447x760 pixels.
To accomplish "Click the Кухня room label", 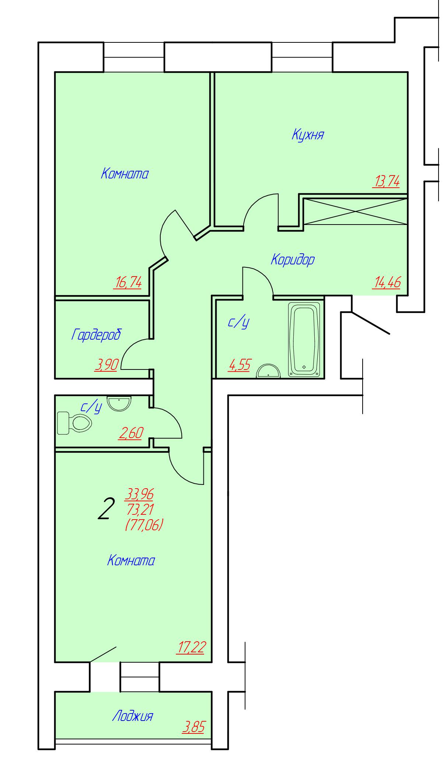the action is click(308, 135).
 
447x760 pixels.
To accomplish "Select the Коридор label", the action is click(293, 260).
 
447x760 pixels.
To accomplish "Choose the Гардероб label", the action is click(96, 335).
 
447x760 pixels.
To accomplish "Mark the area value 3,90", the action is click(106, 365).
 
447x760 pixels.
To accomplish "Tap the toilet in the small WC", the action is click(74, 423).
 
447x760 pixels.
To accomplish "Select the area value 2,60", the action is click(131, 433).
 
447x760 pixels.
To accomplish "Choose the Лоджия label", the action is click(132, 716).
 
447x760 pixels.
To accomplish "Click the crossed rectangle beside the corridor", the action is click(355, 211).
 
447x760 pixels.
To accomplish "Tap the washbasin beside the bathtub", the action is click(268, 371).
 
